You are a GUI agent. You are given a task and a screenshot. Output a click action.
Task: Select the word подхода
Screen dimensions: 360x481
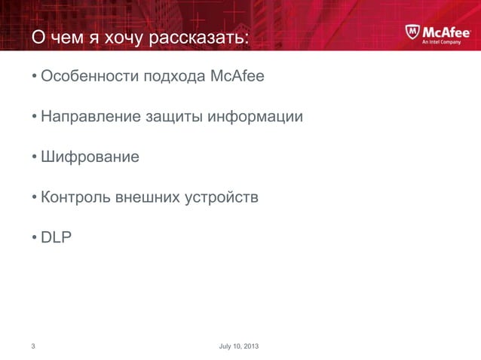coord(165,77)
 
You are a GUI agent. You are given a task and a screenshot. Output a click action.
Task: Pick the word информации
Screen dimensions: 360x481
coord(256,117)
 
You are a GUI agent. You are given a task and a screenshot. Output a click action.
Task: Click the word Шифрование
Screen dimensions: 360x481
coord(90,158)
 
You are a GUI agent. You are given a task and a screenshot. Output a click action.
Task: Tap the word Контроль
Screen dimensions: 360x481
coord(75,198)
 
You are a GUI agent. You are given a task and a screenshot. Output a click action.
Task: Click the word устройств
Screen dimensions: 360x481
coord(224,198)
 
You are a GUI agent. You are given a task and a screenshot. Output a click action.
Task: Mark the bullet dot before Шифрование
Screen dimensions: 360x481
coord(34,158)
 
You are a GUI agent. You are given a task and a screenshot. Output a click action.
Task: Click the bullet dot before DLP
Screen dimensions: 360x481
coord(34,239)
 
